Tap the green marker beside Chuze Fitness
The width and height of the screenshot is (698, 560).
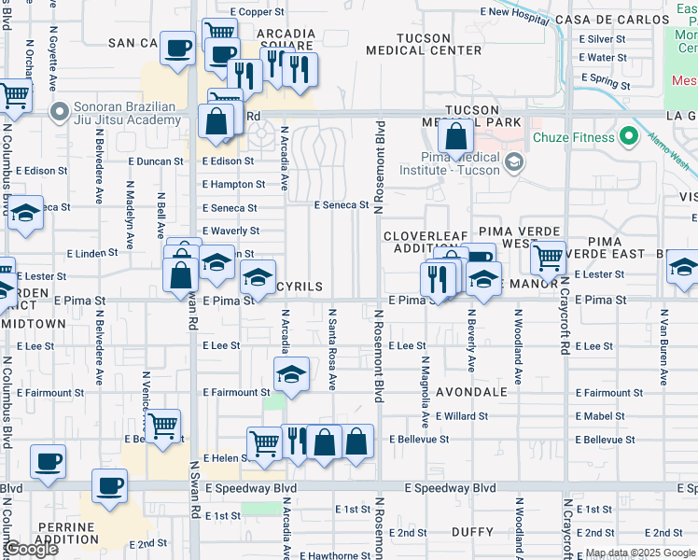[629, 138]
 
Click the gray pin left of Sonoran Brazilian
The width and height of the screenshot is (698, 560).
[60, 114]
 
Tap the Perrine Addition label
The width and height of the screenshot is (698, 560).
[67, 533]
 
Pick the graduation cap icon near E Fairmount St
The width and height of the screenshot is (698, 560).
[291, 375]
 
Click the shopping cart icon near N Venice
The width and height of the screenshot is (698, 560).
[163, 427]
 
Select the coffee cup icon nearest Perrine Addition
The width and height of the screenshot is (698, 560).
[110, 486]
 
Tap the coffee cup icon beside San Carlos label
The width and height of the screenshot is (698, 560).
[177, 49]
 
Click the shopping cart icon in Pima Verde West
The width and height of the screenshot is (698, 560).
[548, 257]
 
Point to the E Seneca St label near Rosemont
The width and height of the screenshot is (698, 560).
[336, 204]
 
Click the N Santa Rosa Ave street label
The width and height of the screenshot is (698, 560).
[332, 349]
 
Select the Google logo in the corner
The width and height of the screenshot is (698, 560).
[31, 549]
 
